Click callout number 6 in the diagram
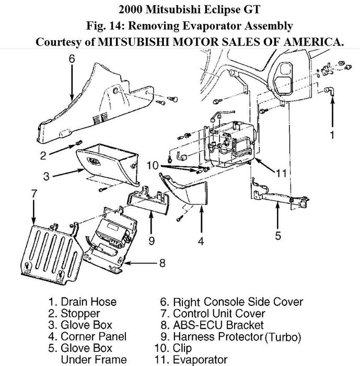click(x=72, y=58)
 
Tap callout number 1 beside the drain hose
click(x=331, y=134)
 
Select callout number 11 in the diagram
click(x=281, y=173)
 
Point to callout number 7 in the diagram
click(x=34, y=194)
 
